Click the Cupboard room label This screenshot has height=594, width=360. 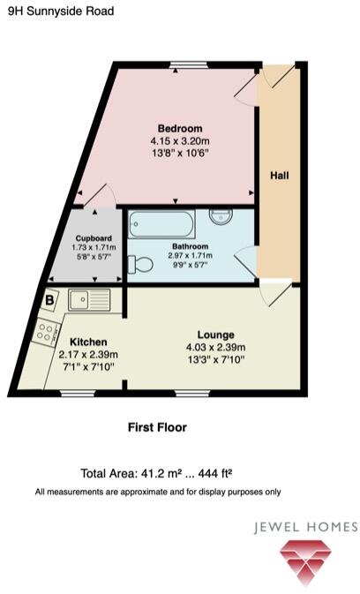93,238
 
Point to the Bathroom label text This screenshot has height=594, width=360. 190,246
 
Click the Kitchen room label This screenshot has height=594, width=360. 88,342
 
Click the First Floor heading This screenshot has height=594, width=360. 157,427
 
